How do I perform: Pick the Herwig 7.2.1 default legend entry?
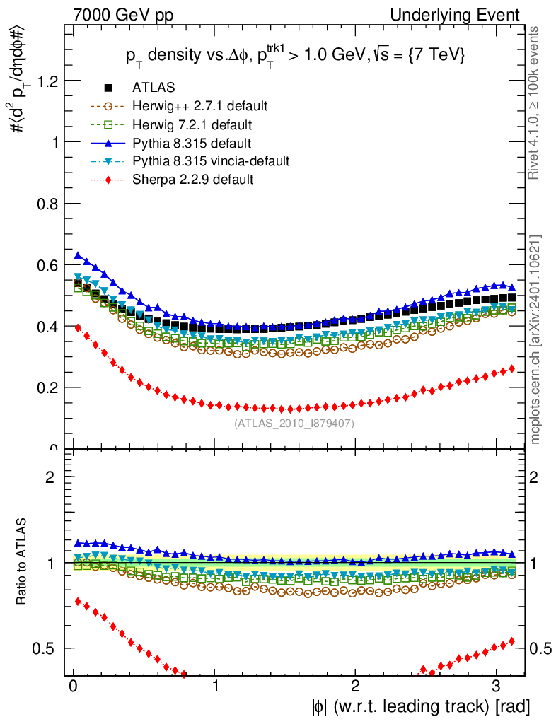point(191,124)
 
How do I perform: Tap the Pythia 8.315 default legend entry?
point(192,143)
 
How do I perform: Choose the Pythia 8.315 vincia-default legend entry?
point(211,161)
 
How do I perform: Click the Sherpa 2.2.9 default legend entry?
point(192,180)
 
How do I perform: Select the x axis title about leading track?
point(418,706)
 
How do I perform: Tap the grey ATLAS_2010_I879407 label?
point(294,424)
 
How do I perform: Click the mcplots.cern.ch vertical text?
point(536,339)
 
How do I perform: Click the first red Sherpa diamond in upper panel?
point(79,327)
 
